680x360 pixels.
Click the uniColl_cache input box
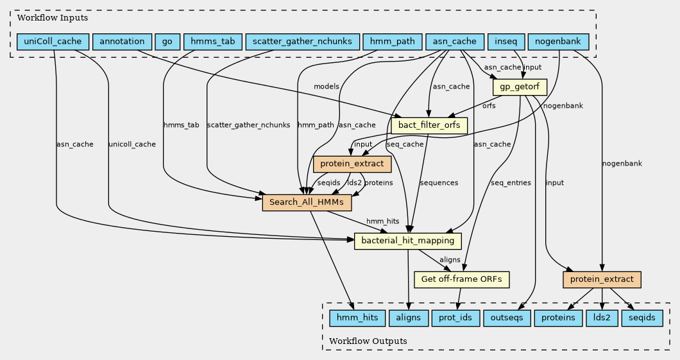(53, 42)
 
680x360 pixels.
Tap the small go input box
(167, 42)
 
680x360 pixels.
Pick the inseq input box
(506, 42)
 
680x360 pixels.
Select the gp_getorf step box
(519, 87)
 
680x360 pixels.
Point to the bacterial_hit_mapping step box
(408, 241)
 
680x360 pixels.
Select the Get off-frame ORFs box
(463, 280)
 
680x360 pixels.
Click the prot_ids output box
(455, 318)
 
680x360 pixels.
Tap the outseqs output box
(506, 318)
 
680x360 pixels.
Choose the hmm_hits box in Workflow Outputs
(357, 318)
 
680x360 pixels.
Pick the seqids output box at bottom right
(642, 318)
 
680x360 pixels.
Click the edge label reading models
(327, 87)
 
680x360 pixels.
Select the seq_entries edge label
(511, 183)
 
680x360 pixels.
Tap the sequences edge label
(439, 183)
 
